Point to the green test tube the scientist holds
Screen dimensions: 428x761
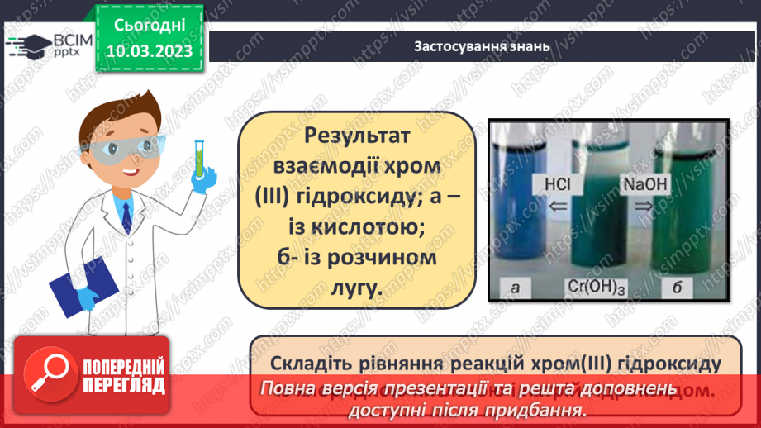(x=199, y=158)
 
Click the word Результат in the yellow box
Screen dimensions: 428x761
(x=357, y=136)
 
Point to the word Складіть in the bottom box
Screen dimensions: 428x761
(x=312, y=364)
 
